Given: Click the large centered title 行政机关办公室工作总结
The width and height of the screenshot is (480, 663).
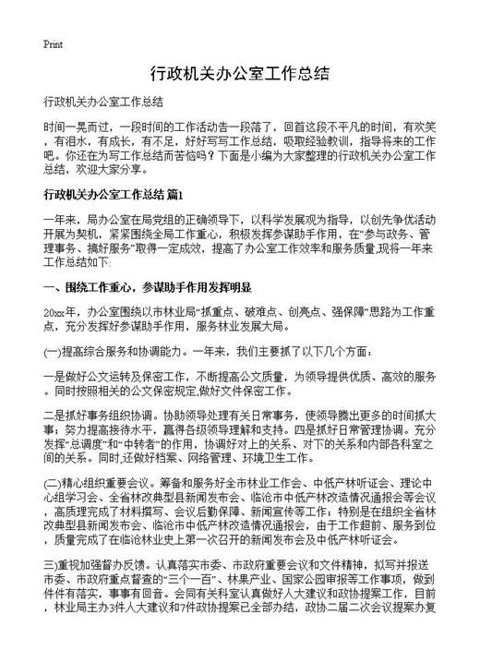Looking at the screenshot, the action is (239, 73).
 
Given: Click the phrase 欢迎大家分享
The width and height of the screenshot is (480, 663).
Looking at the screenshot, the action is (104, 171).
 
